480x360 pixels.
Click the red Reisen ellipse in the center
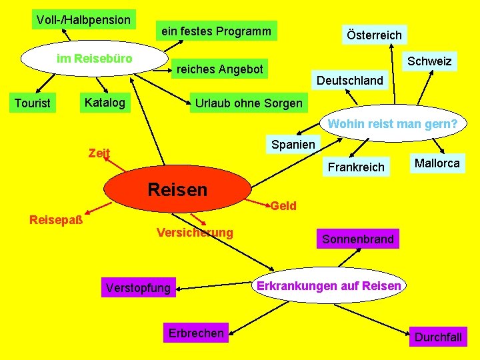[177, 189]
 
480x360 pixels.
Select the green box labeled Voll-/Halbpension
[84, 19]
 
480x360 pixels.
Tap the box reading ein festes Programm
[217, 31]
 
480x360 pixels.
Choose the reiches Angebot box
[219, 69]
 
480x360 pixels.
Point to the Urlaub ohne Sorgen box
[249, 103]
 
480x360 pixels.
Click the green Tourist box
[33, 103]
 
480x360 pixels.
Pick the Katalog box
[105, 102]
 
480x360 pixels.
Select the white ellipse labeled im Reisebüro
[94, 58]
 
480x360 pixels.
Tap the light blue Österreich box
[375, 35]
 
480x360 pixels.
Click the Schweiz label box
[429, 61]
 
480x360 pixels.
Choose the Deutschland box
[350, 80]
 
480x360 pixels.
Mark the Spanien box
[293, 144]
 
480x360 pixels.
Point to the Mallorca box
[437, 163]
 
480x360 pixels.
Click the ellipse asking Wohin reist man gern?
[393, 123]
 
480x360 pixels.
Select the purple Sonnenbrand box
[358, 239]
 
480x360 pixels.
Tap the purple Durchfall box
[438, 337]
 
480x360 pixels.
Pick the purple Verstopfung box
[139, 287]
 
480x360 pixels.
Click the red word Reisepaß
[56, 220]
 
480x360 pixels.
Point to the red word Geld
[283, 206]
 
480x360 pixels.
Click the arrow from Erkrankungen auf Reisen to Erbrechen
[259, 318]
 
